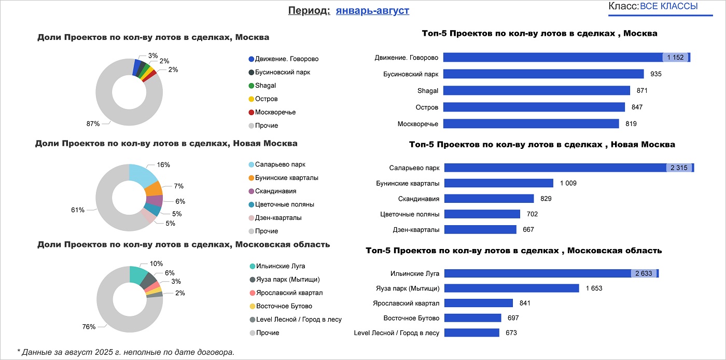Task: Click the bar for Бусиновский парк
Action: click(543, 74)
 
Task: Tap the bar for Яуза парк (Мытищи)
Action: click(511, 288)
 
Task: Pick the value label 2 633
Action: click(644, 273)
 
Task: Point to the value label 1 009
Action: click(568, 183)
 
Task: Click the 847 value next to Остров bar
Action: click(637, 107)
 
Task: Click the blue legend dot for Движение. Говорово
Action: click(252, 59)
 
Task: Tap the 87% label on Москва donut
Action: click(93, 124)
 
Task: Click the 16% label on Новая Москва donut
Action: click(163, 165)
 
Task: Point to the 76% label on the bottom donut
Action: click(89, 327)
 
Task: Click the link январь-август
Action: click(372, 11)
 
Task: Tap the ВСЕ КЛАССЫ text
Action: click(668, 6)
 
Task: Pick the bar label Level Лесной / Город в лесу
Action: click(396, 333)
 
